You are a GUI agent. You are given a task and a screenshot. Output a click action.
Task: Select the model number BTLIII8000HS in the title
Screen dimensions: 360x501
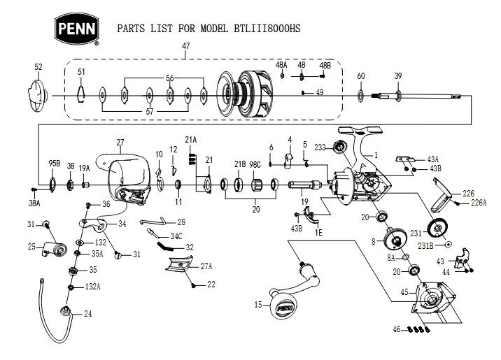[x=269, y=30]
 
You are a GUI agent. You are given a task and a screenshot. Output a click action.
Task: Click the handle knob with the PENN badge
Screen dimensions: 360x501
[x=283, y=306]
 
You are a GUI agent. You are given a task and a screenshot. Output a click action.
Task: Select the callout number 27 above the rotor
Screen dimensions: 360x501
[x=120, y=142]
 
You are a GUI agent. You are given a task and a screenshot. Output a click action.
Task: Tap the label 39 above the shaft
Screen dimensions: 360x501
[x=398, y=75]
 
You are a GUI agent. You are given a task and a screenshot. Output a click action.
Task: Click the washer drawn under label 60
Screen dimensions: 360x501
[x=360, y=93]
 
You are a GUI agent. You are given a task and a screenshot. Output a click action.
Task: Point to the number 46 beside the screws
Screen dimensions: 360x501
[x=397, y=328]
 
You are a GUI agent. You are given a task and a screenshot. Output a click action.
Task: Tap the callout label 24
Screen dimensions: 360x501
[x=87, y=314]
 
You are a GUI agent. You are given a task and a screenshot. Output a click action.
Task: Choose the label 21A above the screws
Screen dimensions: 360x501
[x=190, y=140]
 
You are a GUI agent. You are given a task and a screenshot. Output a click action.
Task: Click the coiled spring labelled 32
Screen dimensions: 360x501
[x=166, y=245]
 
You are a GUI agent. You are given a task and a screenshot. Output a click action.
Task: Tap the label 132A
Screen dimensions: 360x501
[x=93, y=287]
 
